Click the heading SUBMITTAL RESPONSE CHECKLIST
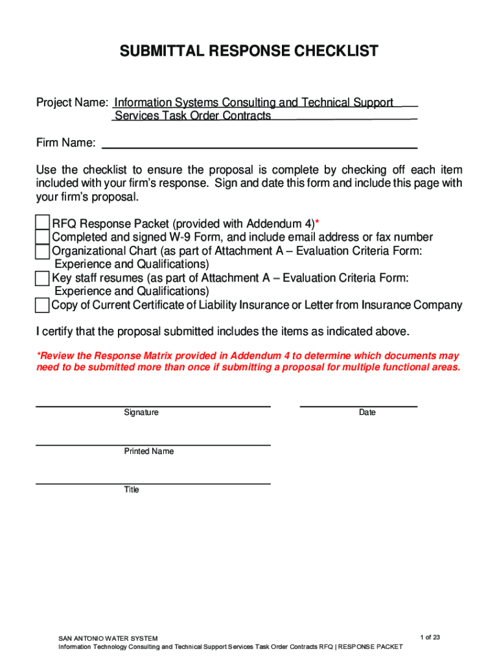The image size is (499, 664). [249, 51]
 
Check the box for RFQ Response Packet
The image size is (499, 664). [42, 222]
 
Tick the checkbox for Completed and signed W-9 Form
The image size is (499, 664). [42, 237]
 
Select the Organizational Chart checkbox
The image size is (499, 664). [42, 252]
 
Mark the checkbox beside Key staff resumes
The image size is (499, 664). [42, 279]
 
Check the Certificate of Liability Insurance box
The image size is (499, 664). [42, 305]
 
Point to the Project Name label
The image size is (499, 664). [71, 102]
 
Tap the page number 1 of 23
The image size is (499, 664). [430, 637]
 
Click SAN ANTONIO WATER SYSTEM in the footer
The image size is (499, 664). [108, 639]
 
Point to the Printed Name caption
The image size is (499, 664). [149, 451]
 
